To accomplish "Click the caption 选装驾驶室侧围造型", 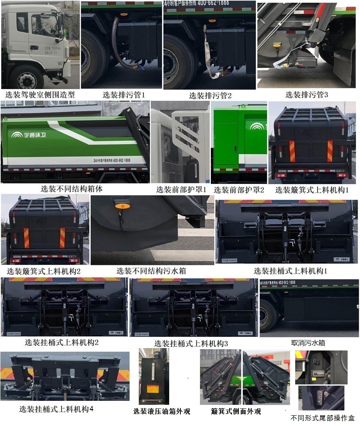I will tap(40, 95).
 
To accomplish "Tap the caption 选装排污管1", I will tap(124, 95).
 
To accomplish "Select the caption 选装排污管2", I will tap(210, 96).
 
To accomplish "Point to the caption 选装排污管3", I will tap(306, 95).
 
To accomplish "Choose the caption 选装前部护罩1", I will tap(181, 190).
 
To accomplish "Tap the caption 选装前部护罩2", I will tap(239, 190).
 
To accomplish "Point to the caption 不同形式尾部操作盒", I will tap(322, 418).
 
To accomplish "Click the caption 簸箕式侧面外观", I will tap(236, 411).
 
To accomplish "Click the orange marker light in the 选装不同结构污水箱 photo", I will tap(120, 207).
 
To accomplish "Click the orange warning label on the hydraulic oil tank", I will tap(152, 389).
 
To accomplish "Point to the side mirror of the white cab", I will tap(61, 26).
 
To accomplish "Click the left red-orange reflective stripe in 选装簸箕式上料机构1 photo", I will tap(292, 151).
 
